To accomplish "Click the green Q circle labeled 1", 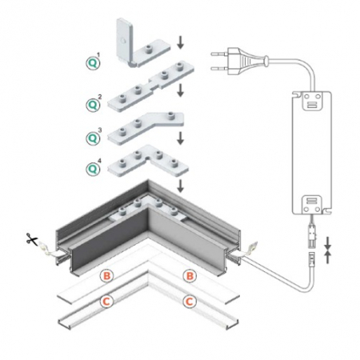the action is tap(93, 63).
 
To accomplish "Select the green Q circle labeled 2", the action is tap(93, 105).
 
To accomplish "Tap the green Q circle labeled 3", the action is tap(93, 138).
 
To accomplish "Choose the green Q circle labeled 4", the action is tap(93, 169).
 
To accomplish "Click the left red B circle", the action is tap(106, 276).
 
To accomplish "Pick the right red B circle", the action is tap(190, 276).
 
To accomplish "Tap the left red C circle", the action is tap(106, 302).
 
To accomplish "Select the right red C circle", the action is tap(189, 302).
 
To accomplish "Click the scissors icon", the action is tap(32, 238).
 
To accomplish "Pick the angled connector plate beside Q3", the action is tap(146, 127).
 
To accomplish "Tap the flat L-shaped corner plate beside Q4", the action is tap(148, 162).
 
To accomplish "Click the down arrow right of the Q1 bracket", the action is tap(181, 42).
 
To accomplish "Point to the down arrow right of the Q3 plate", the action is tap(181, 138).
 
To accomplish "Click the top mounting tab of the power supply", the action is tap(312, 101).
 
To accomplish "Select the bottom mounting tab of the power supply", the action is tap(312, 205).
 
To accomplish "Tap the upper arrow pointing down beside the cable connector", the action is tap(328, 242).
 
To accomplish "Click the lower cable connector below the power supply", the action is tap(312, 258).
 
